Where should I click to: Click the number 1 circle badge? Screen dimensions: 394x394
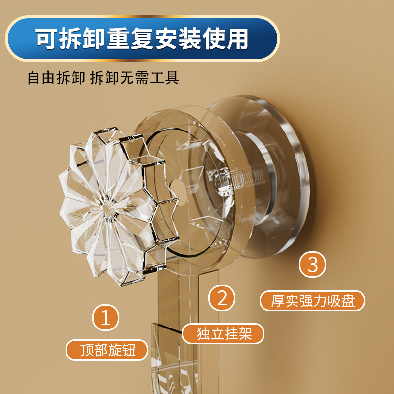coord(106,318)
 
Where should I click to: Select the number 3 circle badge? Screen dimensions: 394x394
coord(313,264)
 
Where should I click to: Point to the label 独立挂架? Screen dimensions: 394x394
coord(224,333)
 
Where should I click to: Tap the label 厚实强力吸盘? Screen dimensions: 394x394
coord(313,300)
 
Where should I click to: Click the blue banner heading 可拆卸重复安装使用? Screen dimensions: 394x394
coord(142,39)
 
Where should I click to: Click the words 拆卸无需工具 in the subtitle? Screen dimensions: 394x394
coord(134,78)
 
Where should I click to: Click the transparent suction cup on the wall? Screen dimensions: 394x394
coord(276,163)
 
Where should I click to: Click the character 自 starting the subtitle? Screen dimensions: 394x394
coord(34,78)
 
